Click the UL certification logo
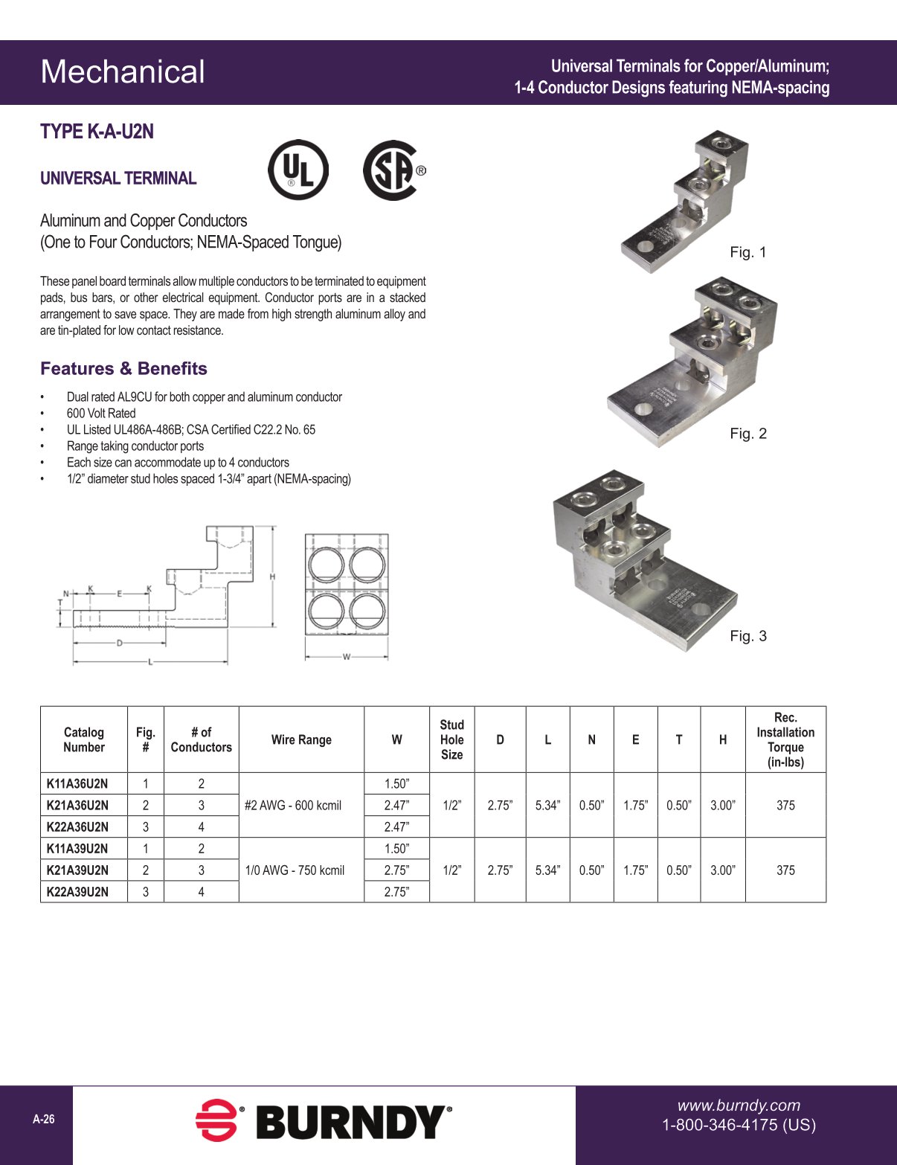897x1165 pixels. [x=298, y=170]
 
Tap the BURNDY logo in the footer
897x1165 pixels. [x=324, y=1121]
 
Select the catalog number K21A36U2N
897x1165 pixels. [x=77, y=805]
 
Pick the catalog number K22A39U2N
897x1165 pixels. [x=77, y=891]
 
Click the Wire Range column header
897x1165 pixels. [x=301, y=739]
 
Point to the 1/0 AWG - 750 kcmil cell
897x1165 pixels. [x=295, y=870]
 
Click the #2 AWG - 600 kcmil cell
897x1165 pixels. [x=293, y=805]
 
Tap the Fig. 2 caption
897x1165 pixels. [x=747, y=434]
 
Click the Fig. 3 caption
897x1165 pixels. [x=747, y=636]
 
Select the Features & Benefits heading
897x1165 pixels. [x=123, y=369]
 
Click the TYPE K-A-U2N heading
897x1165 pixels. [x=97, y=132]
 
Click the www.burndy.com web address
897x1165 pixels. [x=739, y=1105]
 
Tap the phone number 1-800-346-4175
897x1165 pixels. [x=739, y=1125]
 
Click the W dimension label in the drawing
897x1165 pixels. [x=347, y=657]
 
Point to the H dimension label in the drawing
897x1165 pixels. [x=273, y=577]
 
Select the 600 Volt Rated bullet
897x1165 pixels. [x=101, y=414]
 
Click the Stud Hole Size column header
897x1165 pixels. [x=451, y=739]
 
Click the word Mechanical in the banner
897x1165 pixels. [x=123, y=72]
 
